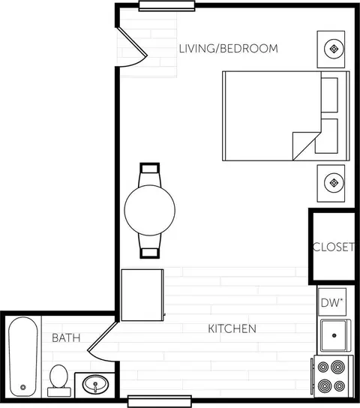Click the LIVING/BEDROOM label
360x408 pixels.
click(228, 49)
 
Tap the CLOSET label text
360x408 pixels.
click(333, 247)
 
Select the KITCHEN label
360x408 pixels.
click(232, 329)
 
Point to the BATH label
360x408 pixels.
click(66, 338)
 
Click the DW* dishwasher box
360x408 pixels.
click(333, 303)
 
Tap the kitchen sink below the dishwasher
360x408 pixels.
click(333, 336)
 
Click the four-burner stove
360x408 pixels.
click(333, 376)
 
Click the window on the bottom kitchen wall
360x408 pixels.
click(154, 399)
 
